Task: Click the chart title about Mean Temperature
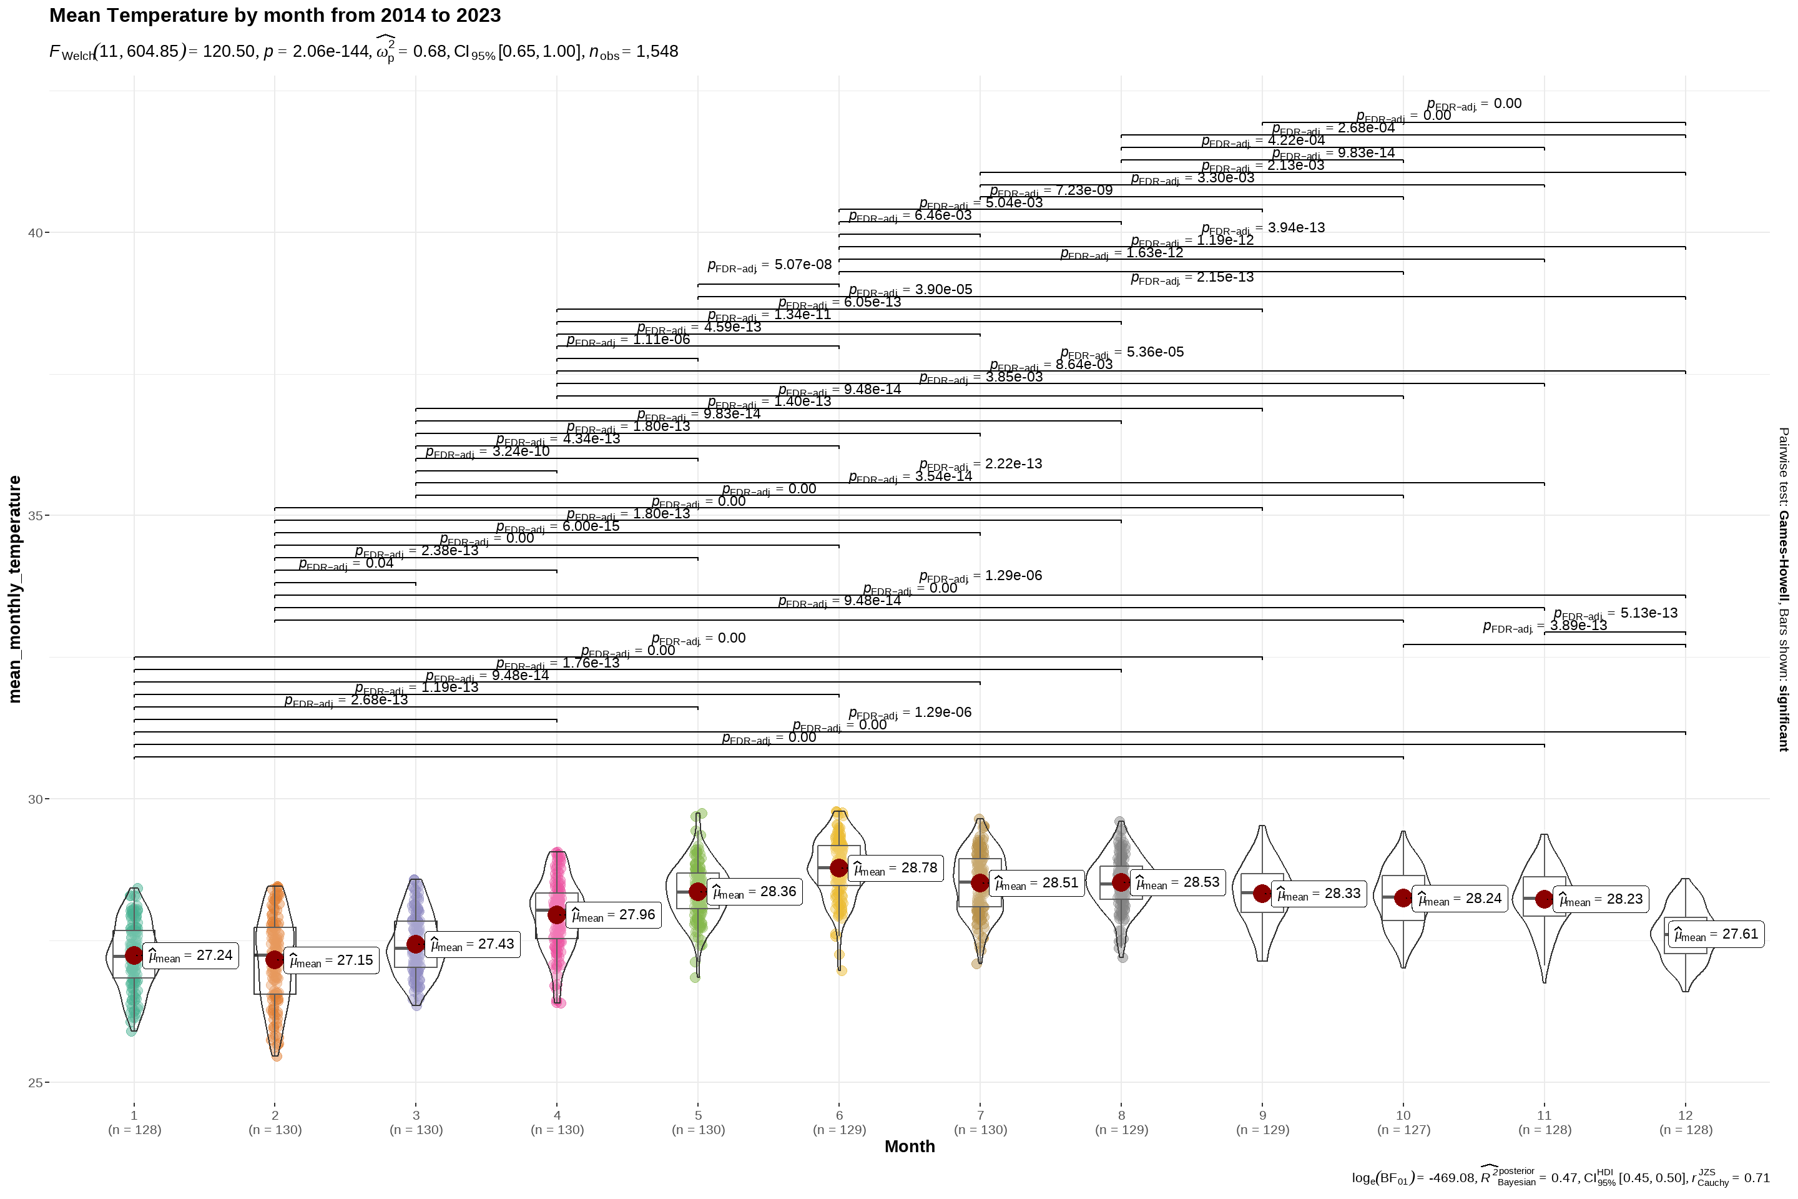(x=275, y=15)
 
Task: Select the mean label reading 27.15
(x=332, y=961)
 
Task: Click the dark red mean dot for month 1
(x=134, y=956)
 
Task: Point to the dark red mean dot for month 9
(x=1262, y=894)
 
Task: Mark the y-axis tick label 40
(x=34, y=232)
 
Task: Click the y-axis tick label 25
(x=34, y=1083)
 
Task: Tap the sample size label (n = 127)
(x=1403, y=1130)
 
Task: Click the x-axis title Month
(x=910, y=1147)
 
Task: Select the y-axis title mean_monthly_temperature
(x=14, y=589)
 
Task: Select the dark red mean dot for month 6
(x=838, y=868)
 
